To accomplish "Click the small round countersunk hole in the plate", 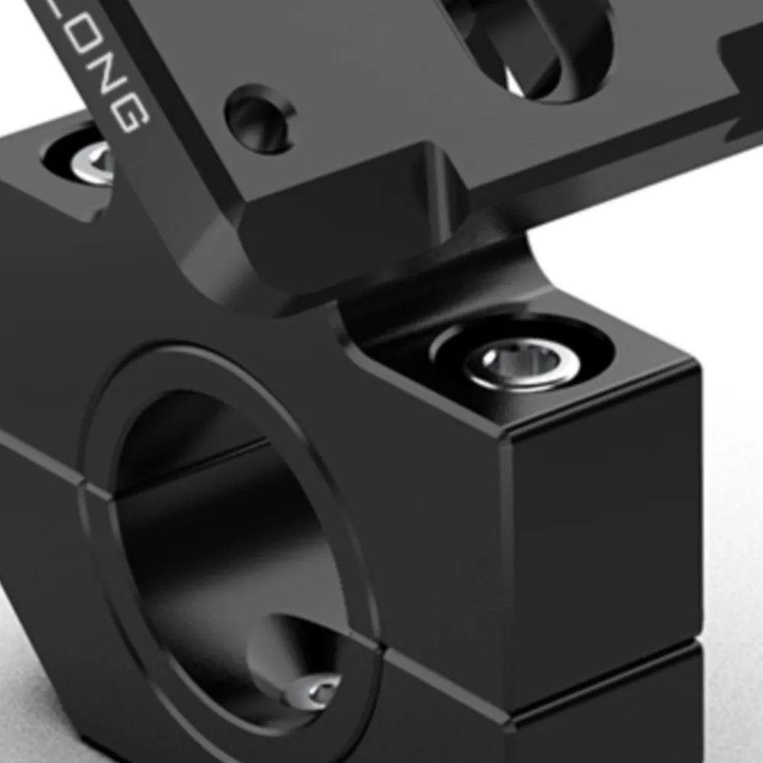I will (x=259, y=119).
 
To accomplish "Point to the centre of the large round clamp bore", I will (x=229, y=549).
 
